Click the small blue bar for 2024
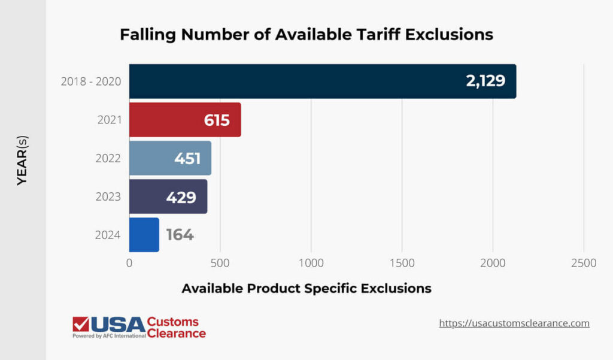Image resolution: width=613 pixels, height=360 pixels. tap(144, 235)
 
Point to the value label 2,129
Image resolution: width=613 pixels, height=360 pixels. tap(485, 81)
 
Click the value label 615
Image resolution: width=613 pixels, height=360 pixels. tap(217, 120)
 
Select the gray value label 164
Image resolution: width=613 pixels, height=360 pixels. tap(180, 235)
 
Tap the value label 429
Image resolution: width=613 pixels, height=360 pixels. tap(181, 196)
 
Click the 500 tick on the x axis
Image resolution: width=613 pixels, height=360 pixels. tap(220, 264)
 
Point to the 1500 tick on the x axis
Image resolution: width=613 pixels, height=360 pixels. tap(402, 264)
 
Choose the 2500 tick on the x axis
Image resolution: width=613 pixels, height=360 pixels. tap(584, 264)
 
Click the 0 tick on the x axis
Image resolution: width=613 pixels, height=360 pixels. tap(129, 264)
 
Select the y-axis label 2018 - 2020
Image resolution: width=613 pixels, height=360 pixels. tap(91, 81)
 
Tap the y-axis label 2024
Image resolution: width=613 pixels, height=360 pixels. tap(108, 235)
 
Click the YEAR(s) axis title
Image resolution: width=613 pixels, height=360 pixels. tap(22, 161)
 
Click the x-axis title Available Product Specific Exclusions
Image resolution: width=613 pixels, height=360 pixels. tap(306, 288)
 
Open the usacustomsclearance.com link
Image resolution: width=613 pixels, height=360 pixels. tap(514, 323)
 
